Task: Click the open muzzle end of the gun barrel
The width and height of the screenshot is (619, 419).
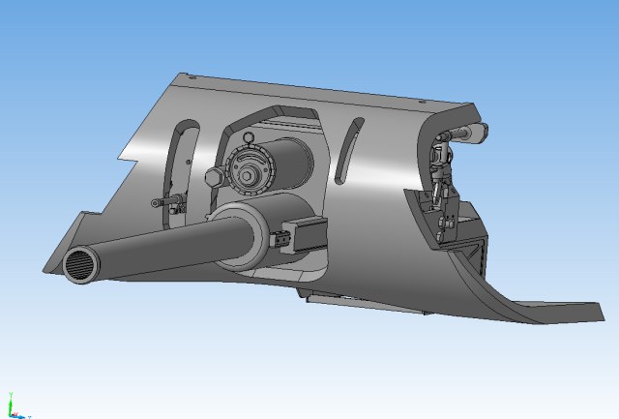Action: (79, 264)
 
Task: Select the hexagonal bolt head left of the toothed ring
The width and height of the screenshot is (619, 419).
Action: (213, 178)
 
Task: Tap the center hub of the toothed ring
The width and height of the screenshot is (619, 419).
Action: (251, 176)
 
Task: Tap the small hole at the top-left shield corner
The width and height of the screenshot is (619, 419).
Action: (190, 77)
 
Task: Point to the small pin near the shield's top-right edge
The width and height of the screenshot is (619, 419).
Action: (419, 102)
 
